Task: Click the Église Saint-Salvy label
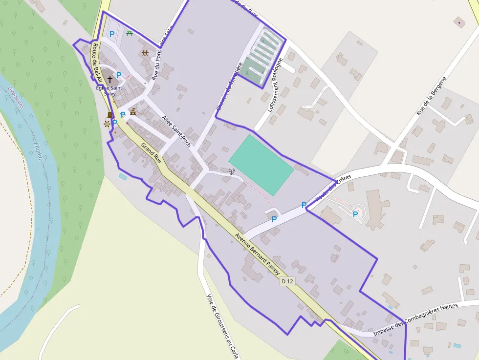pos(110,90)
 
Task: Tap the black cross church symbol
pos(110,79)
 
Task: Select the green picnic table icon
pos(129,33)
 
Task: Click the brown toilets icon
pos(145,53)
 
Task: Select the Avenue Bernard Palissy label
pos(257,253)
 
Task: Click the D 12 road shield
pos(287,281)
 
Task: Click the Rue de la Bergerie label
pos(432,96)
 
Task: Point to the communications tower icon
pos(232,171)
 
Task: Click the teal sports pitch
pos(261,164)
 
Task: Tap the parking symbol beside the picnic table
pos(112,34)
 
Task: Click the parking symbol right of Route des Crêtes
pos(355,214)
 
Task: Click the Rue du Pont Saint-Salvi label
pos(163,54)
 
